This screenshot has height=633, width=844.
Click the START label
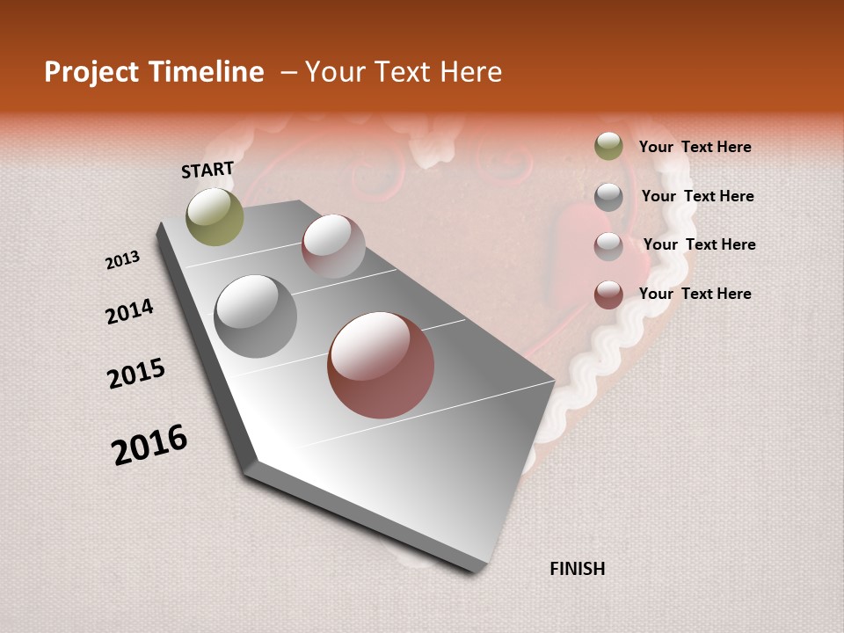[x=207, y=170]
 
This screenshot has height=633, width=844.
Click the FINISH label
[x=578, y=569]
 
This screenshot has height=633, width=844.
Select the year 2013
[x=123, y=260]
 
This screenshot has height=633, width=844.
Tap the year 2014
[x=129, y=312]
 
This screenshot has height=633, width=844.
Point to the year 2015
[x=136, y=374]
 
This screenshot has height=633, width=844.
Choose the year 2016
[x=149, y=445]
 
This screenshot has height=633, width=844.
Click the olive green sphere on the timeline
[x=215, y=216]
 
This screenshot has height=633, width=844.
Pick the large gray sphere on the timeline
[x=256, y=316]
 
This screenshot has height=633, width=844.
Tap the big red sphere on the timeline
[x=381, y=365]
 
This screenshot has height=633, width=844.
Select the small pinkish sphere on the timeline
[x=333, y=245]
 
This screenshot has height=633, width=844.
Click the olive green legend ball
[x=608, y=146]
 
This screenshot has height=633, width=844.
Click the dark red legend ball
[x=608, y=295]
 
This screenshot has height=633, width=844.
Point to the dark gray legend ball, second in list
[x=608, y=196]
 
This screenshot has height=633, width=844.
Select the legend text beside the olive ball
[x=695, y=147]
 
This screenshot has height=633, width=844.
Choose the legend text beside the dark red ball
[x=695, y=294]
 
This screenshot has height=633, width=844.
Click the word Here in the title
[x=470, y=72]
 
